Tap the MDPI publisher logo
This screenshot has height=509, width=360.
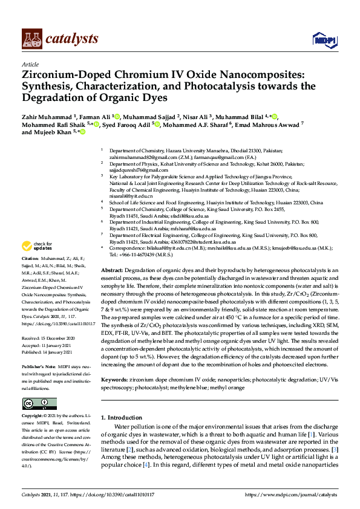pos(324,40)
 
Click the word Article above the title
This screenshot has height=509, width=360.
pos(30,64)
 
